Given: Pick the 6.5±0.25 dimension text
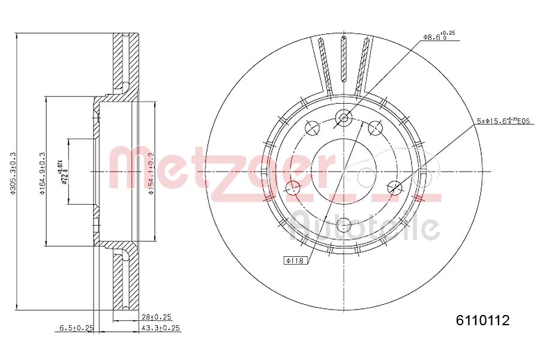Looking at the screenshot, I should (76, 328).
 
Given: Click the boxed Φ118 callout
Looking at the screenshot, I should (295, 260).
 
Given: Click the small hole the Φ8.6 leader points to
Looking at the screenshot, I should (344, 118).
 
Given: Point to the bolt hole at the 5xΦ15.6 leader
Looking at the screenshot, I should (394, 188).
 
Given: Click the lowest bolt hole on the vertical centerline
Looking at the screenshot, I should (344, 225).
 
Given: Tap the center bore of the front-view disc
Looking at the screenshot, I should (344, 171).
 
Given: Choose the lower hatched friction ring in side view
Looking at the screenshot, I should (126, 282).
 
